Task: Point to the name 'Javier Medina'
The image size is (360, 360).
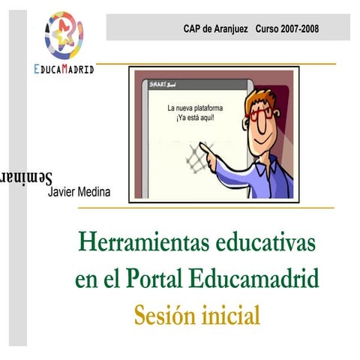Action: pyautogui.click(x=79, y=192)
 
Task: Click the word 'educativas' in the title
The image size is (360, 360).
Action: pyautogui.click(x=264, y=244)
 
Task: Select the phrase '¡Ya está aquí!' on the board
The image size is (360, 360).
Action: pyautogui.click(x=195, y=118)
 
